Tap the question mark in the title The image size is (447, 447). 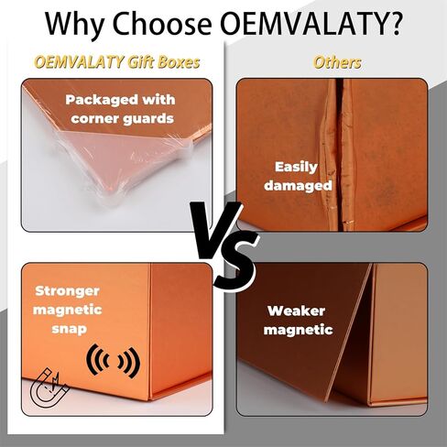[394, 24]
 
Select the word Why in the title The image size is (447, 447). [76, 26]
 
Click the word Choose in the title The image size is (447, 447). [162, 24]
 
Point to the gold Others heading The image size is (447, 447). [337, 62]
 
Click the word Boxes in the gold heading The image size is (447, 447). [179, 62]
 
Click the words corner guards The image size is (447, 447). [122, 119]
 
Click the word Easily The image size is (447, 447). [296, 168]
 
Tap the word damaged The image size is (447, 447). [298, 186]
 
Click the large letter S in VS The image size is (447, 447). [235, 263]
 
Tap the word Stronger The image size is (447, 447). [67, 291]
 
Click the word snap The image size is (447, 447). [69, 329]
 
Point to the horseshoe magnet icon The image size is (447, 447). [49, 387]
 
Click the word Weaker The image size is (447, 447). [296, 311]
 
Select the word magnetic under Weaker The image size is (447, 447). [298, 330]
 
